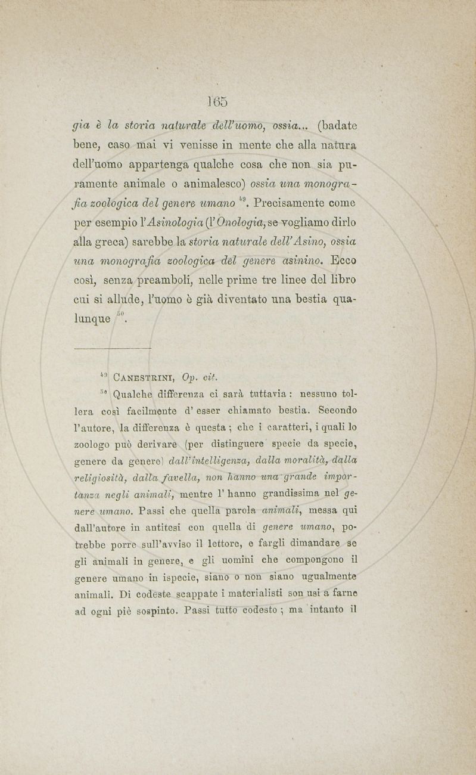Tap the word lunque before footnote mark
tap(92, 318)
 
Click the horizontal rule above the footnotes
tap(113, 347)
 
